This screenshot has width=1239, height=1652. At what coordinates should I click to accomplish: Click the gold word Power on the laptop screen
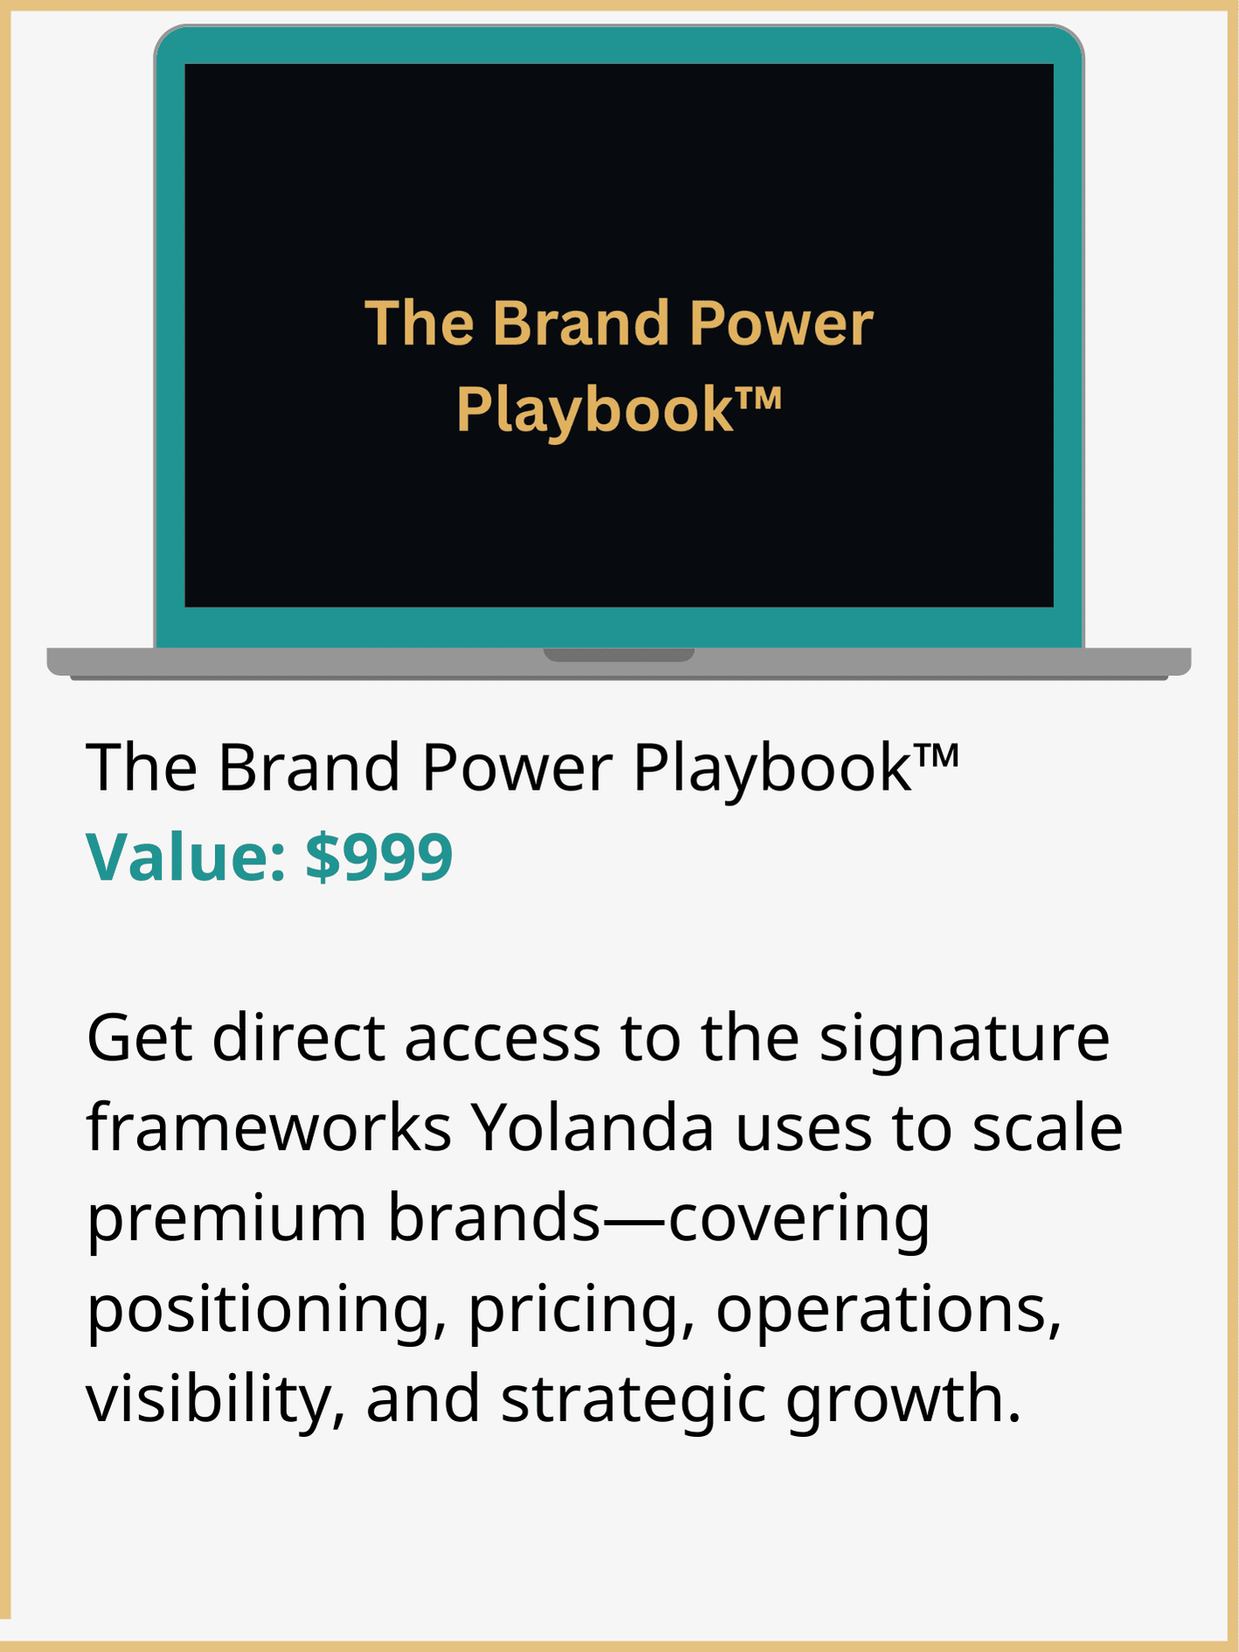[781, 324]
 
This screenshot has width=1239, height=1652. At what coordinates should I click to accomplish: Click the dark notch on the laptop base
[619, 654]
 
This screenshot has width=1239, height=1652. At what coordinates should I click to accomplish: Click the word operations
[888, 1311]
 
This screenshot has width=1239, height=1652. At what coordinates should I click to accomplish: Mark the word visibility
[215, 1400]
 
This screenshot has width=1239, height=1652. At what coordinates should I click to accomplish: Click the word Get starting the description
[139, 1038]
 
